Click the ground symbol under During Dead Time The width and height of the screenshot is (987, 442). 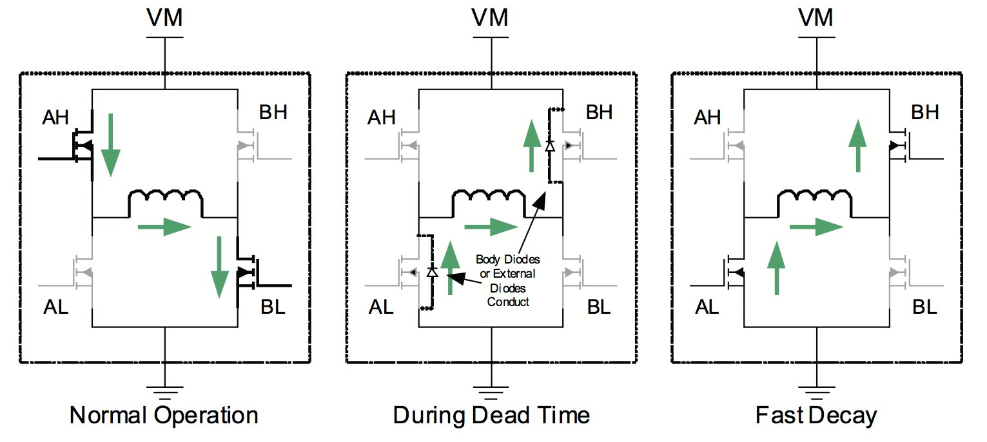pos(492,390)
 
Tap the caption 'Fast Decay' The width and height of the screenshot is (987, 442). pos(816,416)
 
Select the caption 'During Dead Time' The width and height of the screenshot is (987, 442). pos(492,416)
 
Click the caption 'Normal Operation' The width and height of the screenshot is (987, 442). pos(164,416)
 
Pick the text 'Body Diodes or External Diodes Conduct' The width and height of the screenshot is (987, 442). pos(508,280)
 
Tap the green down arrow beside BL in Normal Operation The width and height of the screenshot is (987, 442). pos(220,267)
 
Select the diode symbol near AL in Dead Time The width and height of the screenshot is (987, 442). pos(433,272)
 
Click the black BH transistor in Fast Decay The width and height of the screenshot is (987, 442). pos(899,146)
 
